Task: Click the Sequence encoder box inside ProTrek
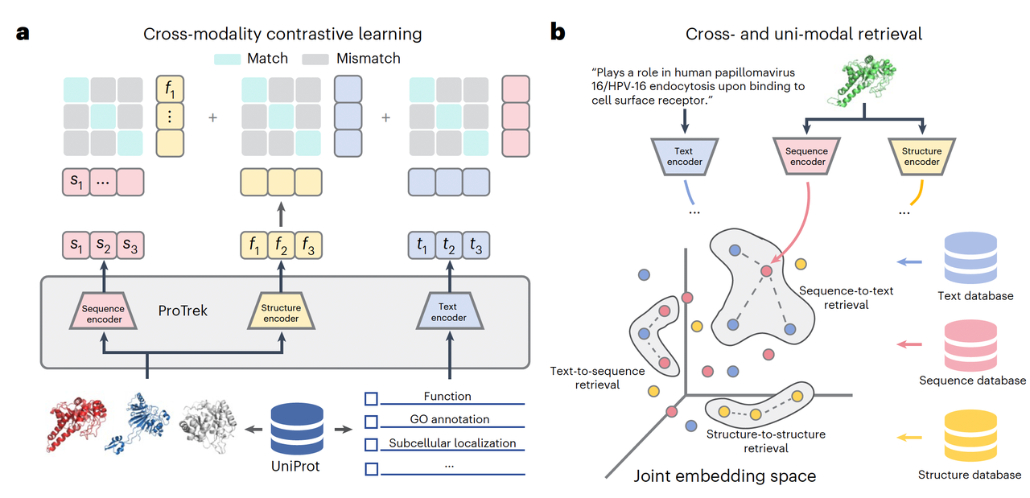pos(103,314)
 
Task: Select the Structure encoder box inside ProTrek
pos(281,314)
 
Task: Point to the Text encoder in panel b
pos(684,156)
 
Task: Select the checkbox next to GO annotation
pos(371,420)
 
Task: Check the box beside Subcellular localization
pos(371,443)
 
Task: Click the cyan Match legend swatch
pos(229,59)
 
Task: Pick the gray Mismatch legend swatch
pos(316,59)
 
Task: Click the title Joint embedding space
pos(725,475)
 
